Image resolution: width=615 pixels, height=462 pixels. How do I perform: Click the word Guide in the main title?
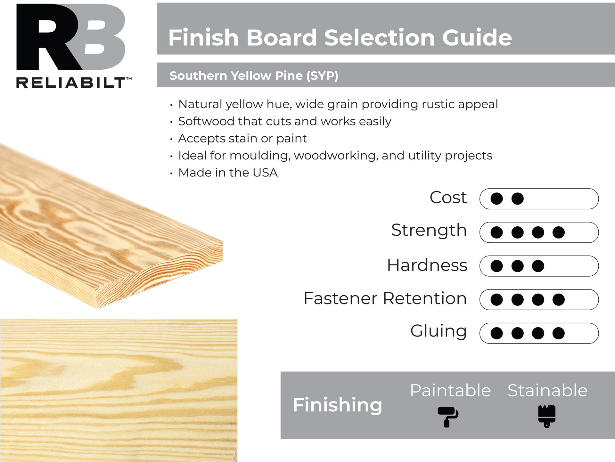pos(477,38)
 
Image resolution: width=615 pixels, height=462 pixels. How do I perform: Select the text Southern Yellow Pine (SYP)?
pos(254,76)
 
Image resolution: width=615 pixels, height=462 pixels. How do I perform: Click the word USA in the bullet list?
pos(265,173)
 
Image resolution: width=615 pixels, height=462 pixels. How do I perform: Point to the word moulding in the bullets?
pos(260,156)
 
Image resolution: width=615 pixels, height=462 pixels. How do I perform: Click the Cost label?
pos(448,198)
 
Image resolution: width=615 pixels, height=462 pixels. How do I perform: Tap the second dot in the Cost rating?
pos(517,199)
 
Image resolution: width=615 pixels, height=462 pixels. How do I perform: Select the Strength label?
pos(429,230)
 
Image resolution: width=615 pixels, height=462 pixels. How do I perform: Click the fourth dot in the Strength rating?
pos(558,232)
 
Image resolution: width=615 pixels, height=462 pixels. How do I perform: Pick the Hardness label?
pos(427,265)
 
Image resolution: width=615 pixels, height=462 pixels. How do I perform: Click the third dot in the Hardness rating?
pos(538,266)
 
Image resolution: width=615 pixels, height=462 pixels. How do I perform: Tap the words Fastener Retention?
pos(385,298)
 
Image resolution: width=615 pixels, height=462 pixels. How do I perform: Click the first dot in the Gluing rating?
pos(496,333)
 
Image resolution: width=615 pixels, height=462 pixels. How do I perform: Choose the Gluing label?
pos(438,331)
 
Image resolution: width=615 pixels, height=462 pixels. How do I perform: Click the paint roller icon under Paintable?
pos(448,416)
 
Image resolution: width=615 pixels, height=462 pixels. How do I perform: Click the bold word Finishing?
pos(337,405)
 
